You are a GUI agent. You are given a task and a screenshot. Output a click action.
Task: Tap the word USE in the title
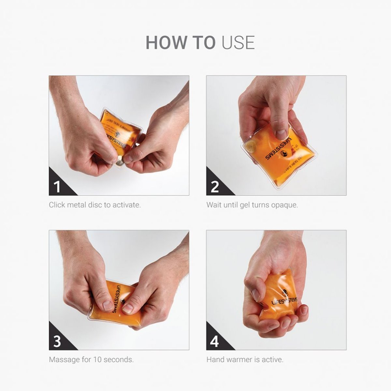tap(238, 42)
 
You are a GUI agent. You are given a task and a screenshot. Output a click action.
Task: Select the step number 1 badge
tap(57, 187)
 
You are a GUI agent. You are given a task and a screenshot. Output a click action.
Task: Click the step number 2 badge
tap(215, 187)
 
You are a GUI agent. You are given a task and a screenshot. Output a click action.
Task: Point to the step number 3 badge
tap(57, 341)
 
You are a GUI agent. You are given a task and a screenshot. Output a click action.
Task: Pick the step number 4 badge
tap(215, 341)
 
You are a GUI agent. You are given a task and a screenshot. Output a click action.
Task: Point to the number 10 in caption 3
tap(97, 360)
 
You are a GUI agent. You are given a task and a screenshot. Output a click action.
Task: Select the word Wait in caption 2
tap(214, 205)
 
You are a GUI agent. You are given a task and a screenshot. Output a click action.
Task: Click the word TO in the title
tap(204, 42)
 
